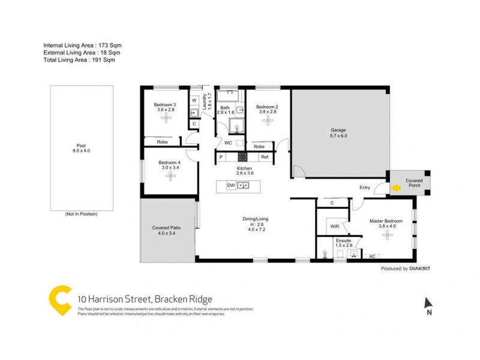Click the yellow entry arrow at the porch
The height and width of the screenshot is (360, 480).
(396, 189)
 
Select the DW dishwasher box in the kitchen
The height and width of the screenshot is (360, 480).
(231, 186)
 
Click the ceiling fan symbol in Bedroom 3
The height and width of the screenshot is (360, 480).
(166, 119)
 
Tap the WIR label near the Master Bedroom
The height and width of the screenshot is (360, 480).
(335, 226)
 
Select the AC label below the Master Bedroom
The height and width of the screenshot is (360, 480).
(372, 256)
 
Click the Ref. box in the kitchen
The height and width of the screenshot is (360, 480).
(265, 157)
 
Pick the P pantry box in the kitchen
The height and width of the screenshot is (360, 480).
(221, 157)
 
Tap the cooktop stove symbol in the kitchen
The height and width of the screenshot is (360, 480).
(243, 157)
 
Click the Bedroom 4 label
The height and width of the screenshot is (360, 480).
(169, 166)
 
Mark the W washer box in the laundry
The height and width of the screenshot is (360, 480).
(194, 100)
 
